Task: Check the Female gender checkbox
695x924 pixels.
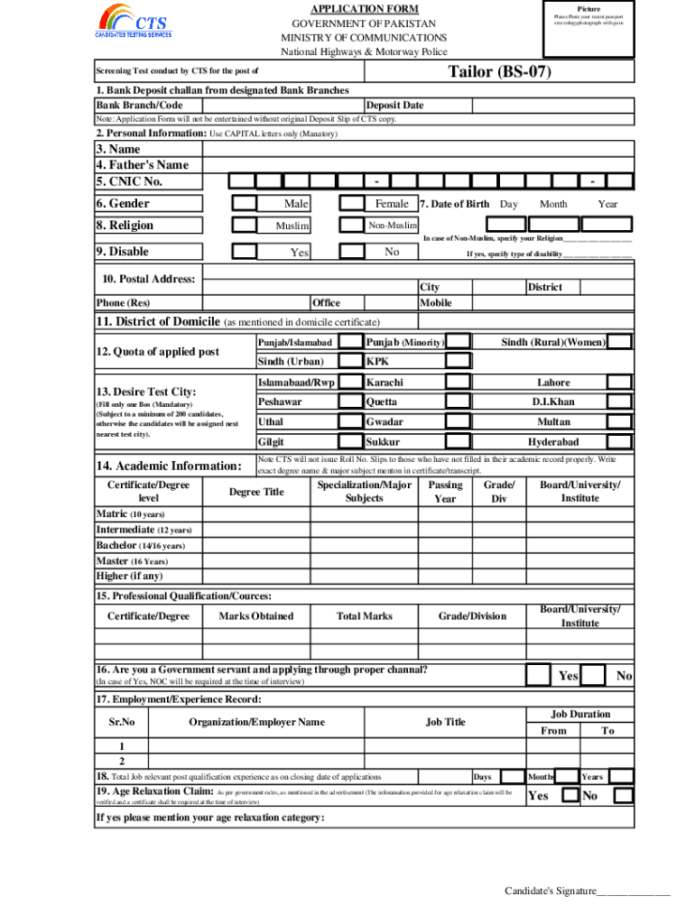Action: point(350,204)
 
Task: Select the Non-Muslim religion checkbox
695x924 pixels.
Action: point(350,226)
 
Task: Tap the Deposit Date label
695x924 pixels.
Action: point(395,106)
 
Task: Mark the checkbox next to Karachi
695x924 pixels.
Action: point(459,382)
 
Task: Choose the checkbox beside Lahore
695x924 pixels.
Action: point(619,382)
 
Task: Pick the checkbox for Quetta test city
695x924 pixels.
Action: point(459,402)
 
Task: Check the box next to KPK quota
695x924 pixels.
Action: point(459,362)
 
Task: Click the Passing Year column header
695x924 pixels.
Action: point(445,492)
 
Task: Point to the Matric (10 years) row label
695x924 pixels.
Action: point(130,513)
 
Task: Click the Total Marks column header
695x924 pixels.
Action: point(365,616)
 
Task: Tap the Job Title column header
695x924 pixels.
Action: point(446,722)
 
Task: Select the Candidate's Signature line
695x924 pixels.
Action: point(587,892)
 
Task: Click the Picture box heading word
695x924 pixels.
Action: point(588,8)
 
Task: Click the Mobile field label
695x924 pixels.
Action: point(436,303)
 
